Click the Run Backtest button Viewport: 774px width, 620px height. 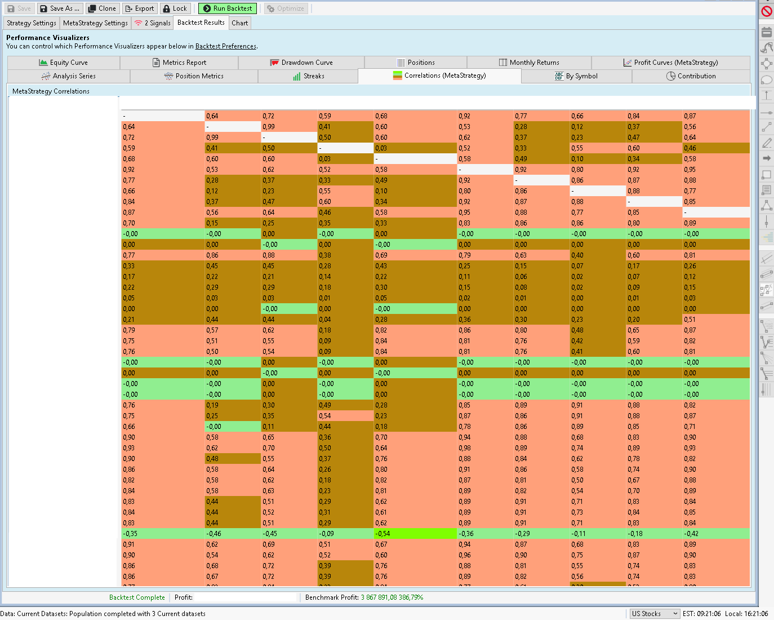click(228, 8)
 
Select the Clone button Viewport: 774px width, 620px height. click(102, 8)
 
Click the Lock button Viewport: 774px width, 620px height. click(175, 8)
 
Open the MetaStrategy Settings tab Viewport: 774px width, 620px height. click(95, 23)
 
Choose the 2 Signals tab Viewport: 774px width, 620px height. click(152, 23)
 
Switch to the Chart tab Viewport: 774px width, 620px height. click(239, 23)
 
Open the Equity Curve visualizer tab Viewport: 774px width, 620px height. click(64, 63)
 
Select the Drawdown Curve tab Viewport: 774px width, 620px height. click(301, 63)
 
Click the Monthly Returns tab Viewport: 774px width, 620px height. click(529, 63)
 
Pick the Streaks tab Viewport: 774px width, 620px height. click(308, 76)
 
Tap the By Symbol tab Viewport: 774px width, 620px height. click(576, 76)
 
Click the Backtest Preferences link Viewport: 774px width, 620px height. click(225, 46)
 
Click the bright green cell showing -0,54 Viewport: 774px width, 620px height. click(415, 534)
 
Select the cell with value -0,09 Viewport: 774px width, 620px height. click(345, 534)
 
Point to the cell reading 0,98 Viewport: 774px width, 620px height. click(485, 448)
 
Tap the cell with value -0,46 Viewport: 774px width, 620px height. click(233, 534)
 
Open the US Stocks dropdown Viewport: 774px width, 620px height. click(654, 614)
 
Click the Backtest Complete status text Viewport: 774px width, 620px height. click(137, 597)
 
